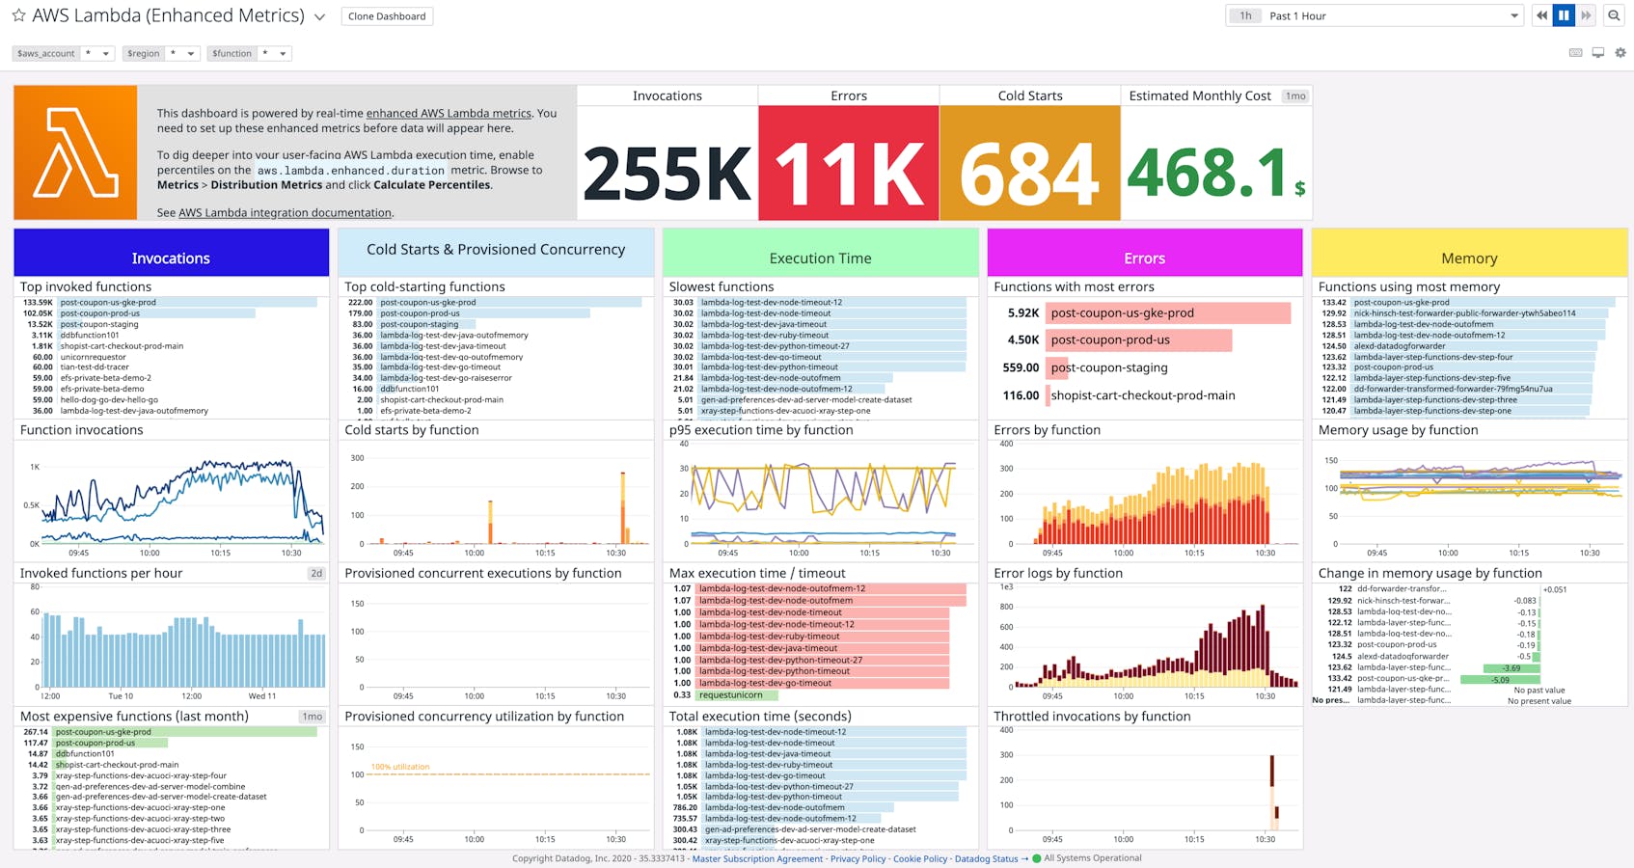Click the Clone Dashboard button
click(x=387, y=16)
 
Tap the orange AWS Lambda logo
click(x=75, y=152)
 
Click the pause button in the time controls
click(x=1564, y=15)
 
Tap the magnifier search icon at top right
click(x=1614, y=15)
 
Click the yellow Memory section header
click(x=1469, y=258)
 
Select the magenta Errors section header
click(x=1144, y=258)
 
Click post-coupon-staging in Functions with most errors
click(x=1109, y=367)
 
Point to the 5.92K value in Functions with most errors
click(x=1022, y=313)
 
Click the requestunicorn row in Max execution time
click(x=731, y=695)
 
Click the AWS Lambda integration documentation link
click(x=285, y=213)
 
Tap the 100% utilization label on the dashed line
click(x=400, y=767)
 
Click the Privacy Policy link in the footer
click(x=858, y=858)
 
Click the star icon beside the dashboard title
click(x=18, y=15)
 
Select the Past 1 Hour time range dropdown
click(x=1389, y=15)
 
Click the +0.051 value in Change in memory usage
click(x=1555, y=589)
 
